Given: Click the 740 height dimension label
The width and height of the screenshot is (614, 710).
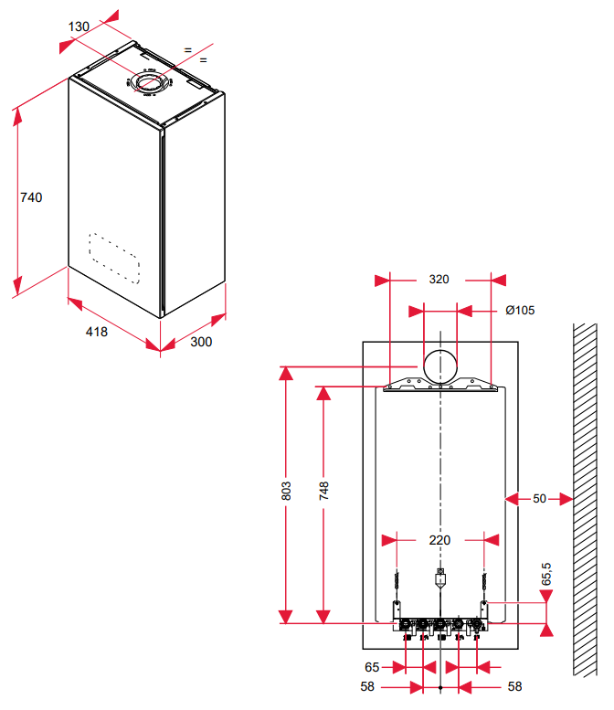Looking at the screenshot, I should pos(31,196).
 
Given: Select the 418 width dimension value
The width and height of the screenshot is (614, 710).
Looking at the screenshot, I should pos(97,332).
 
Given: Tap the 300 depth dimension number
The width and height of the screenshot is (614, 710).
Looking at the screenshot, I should pos(201,342).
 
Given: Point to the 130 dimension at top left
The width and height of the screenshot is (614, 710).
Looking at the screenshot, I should pos(79,26).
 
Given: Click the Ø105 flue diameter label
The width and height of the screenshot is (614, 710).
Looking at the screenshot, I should pos(519,310).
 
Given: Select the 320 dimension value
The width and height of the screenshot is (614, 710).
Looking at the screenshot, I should pos(439,280).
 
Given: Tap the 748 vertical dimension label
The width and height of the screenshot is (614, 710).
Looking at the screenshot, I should pos(323,491).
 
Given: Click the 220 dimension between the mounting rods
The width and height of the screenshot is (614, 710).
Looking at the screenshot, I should pos(439,540).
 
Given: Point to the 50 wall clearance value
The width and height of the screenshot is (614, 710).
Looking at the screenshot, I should pos(539,499).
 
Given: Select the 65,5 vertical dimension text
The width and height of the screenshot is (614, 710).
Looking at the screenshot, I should pos(546,574).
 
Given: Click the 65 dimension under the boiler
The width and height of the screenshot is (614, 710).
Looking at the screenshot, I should pos(372,668).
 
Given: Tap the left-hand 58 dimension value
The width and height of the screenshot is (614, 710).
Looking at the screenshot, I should pos(366,685).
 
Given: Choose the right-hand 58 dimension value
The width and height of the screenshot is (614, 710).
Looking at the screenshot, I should pos(514,685).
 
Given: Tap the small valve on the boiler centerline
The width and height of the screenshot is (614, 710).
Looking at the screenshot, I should pos(440,577).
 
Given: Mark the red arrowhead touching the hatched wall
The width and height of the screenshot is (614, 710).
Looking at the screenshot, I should pos(566,499).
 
